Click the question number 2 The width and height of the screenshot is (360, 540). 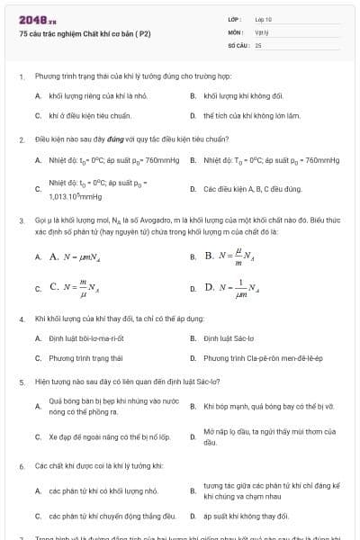click(x=21, y=140)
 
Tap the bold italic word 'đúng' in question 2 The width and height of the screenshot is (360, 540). click(x=112, y=140)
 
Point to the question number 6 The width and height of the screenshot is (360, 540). click(x=21, y=466)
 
